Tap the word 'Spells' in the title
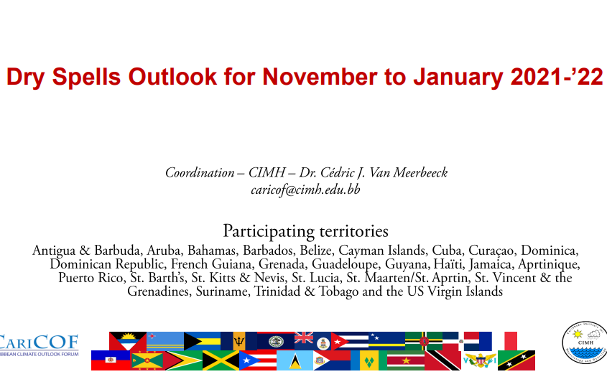click(x=86, y=78)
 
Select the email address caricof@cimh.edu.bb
click(x=305, y=190)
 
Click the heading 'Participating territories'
click(x=305, y=231)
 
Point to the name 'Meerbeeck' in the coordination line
click(x=420, y=172)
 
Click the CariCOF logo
click(x=39, y=345)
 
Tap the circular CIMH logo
click(x=585, y=343)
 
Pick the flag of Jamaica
click(x=221, y=360)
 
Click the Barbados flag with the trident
click(x=239, y=341)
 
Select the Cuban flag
click(x=350, y=341)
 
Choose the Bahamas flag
click(x=202, y=341)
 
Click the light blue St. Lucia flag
click(x=295, y=360)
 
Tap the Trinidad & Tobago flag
click(x=443, y=360)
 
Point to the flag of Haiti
click(x=111, y=360)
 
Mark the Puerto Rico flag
click(x=258, y=360)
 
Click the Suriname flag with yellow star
click(x=406, y=360)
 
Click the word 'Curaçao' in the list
click(x=491, y=251)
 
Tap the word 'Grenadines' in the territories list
click(x=159, y=292)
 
